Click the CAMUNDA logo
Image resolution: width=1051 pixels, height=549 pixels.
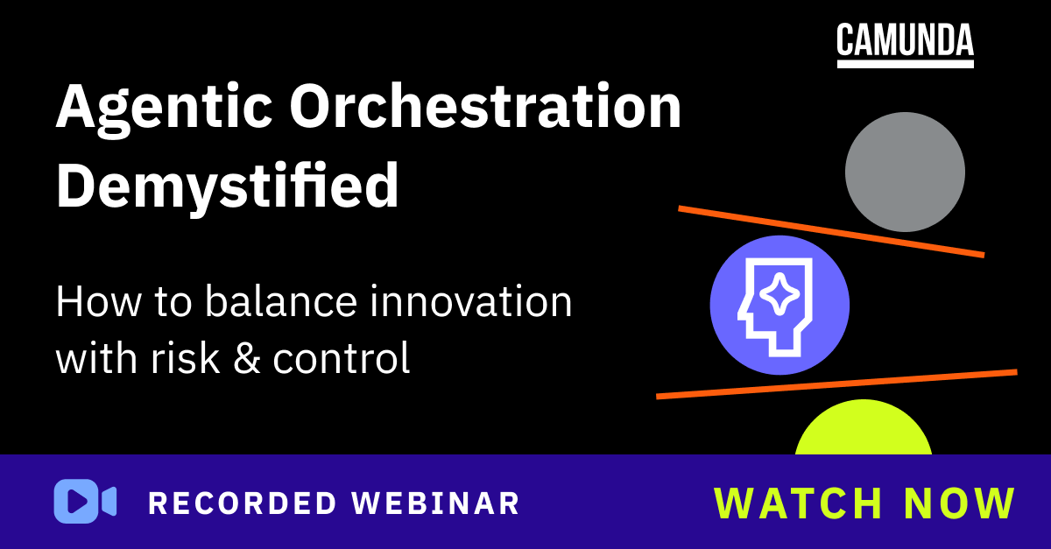tap(905, 44)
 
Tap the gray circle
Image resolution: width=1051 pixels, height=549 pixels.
tap(905, 172)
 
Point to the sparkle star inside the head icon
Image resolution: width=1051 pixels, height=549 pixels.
tap(776, 298)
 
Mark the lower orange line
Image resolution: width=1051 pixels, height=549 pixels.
tap(836, 384)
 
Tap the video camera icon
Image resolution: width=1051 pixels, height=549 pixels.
tap(85, 502)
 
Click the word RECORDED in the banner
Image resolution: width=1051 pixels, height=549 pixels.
tap(242, 503)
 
